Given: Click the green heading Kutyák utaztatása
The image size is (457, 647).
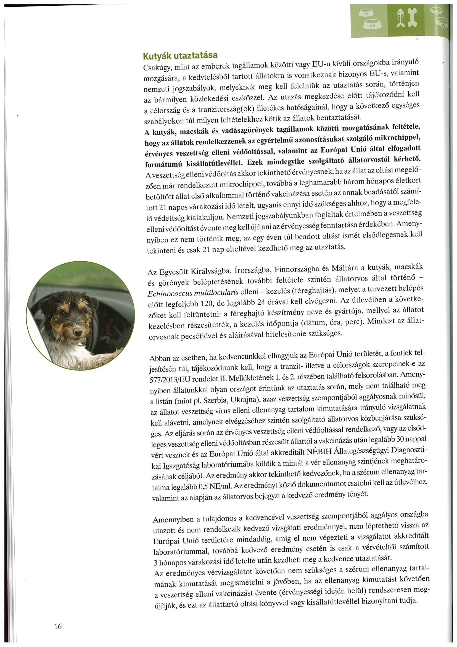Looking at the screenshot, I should pos(180,55).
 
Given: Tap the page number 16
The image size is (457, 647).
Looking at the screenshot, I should pos(58,627).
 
